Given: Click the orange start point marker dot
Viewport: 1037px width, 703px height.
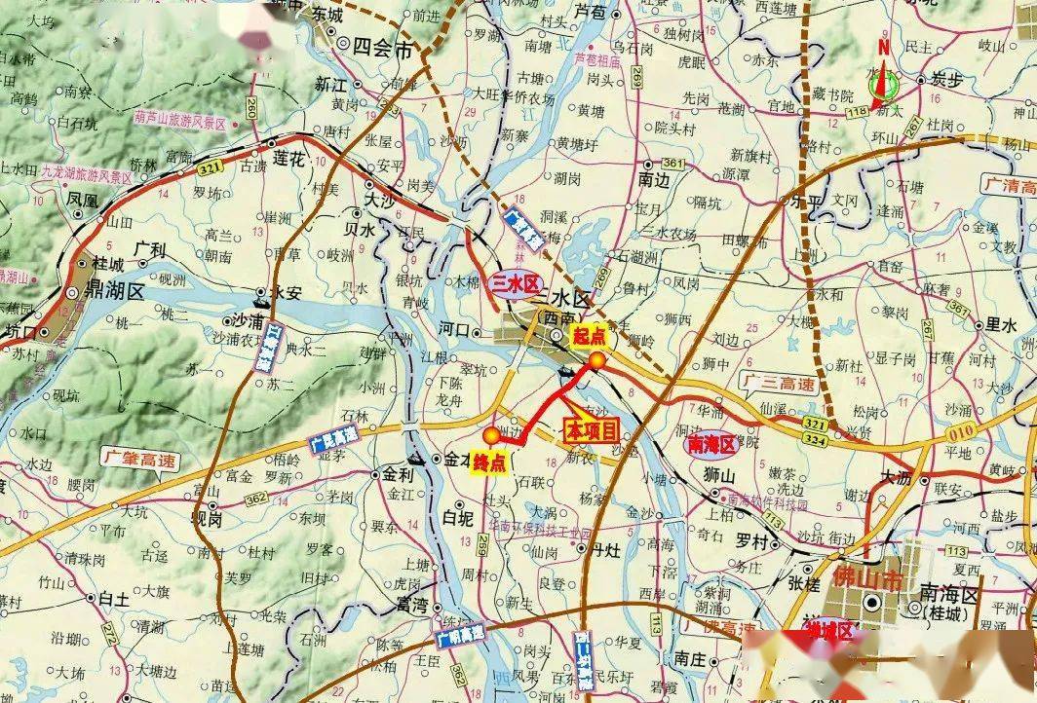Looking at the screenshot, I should [596, 361].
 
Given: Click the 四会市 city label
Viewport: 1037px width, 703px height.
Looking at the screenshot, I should [383, 47].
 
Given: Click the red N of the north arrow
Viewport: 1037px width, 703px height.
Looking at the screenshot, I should [883, 46].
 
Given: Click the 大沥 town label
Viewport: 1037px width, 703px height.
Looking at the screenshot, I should [897, 478].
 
